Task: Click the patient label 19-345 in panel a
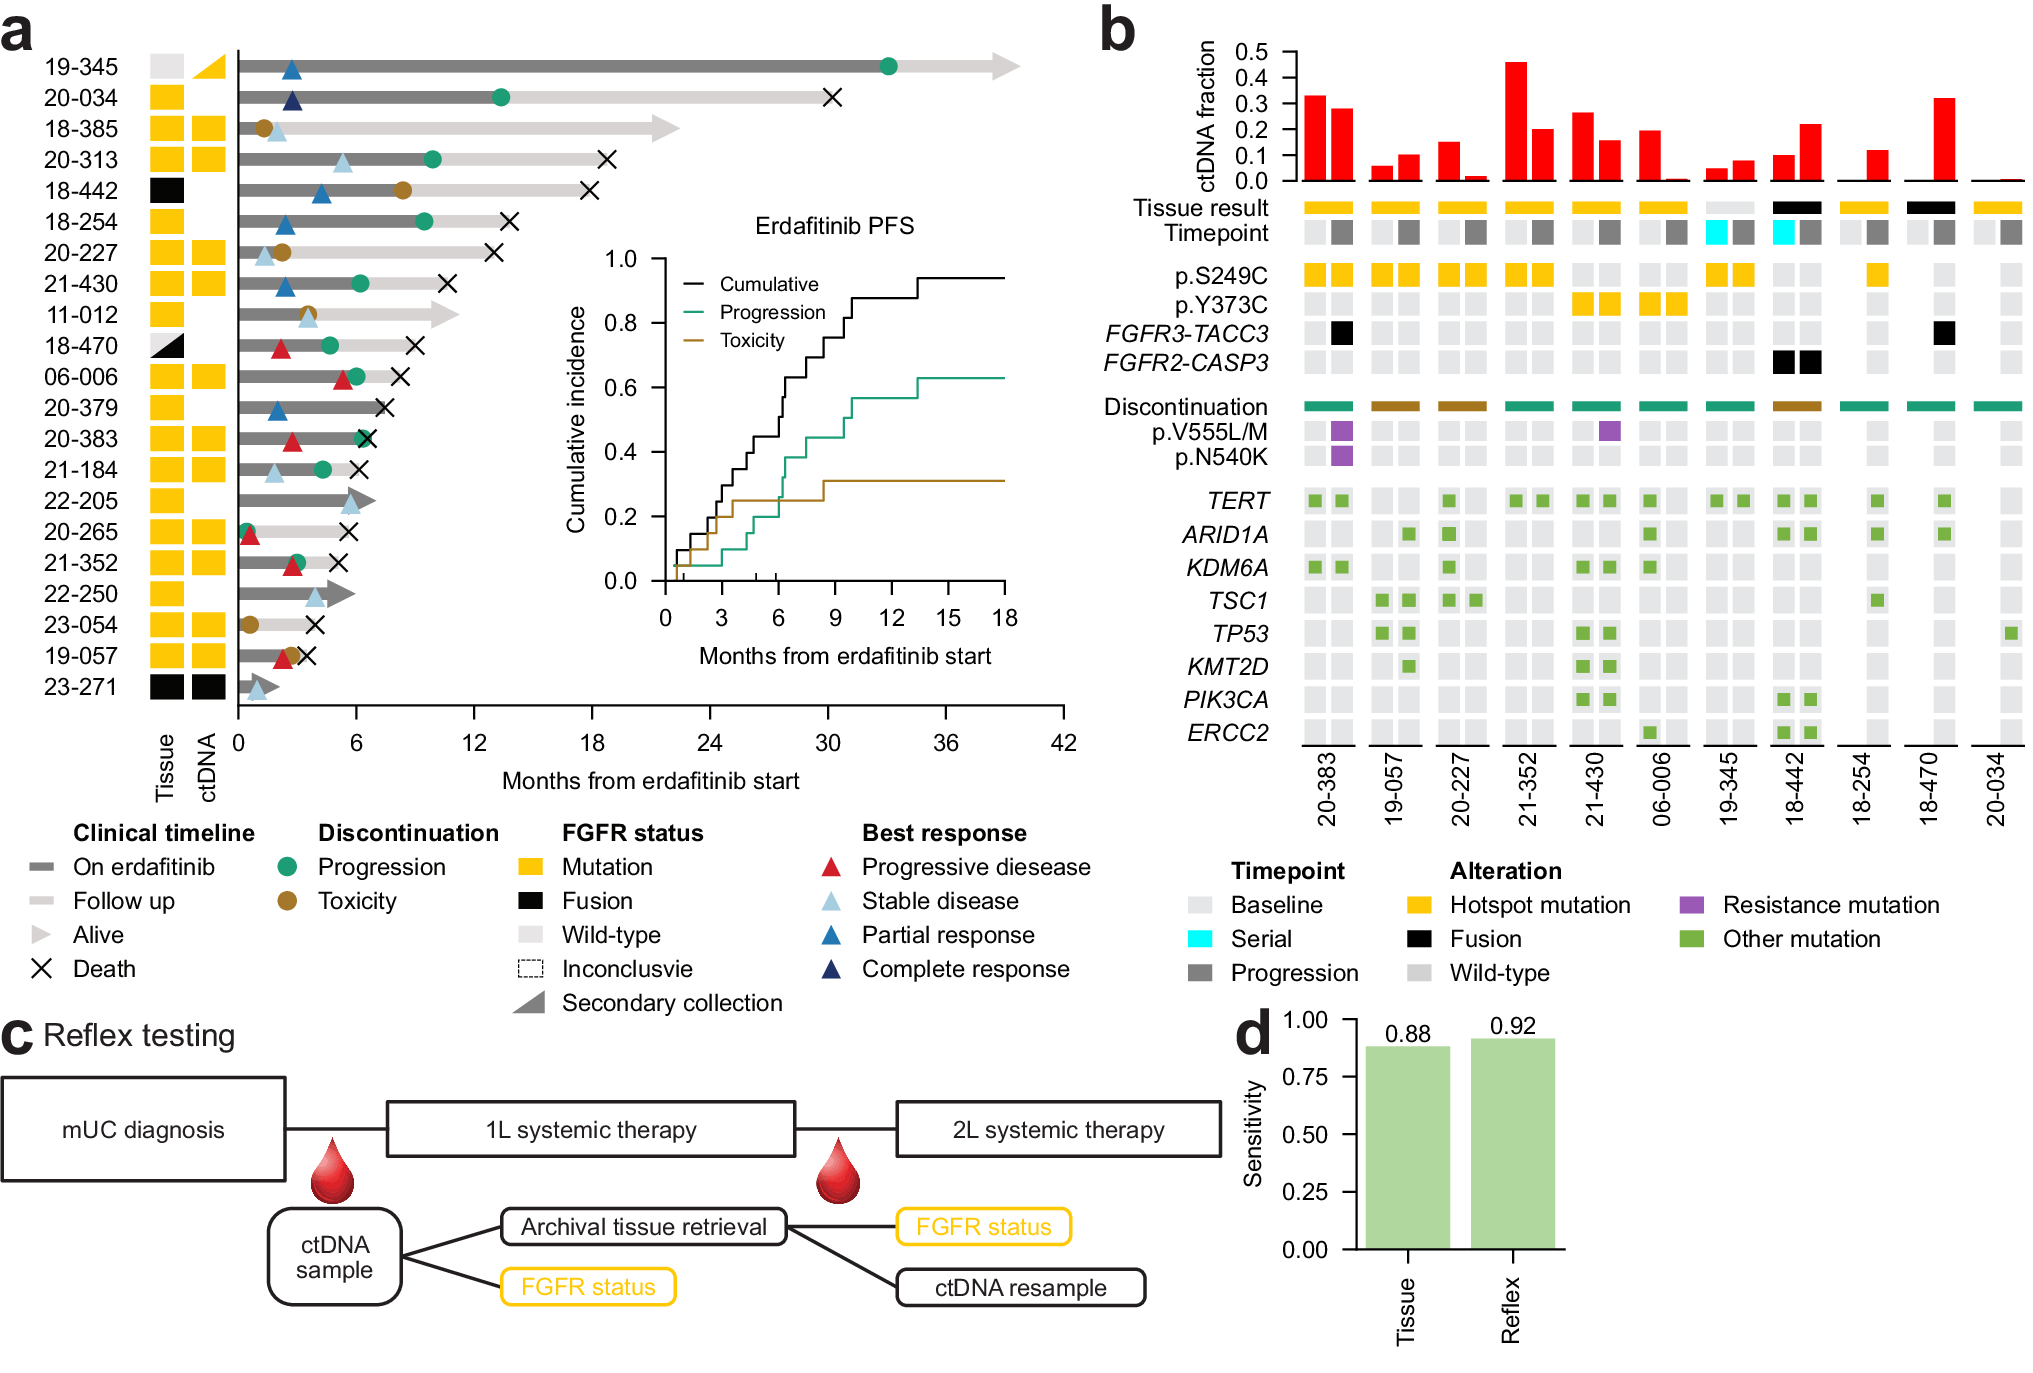click(x=81, y=67)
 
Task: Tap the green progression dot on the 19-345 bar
click(x=888, y=67)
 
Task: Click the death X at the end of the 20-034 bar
click(x=832, y=98)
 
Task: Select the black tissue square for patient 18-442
click(x=167, y=191)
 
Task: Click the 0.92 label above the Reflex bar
click(x=1512, y=1026)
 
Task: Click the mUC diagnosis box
click(x=144, y=1130)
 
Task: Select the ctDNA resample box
click(x=1020, y=1288)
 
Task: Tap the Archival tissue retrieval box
click(x=643, y=1227)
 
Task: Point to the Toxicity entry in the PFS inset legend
click(x=751, y=341)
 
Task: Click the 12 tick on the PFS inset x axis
click(x=892, y=618)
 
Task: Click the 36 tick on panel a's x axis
click(x=945, y=743)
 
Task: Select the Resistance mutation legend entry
click(x=1829, y=905)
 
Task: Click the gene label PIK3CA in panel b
click(x=1225, y=700)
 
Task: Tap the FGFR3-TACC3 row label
click(x=1186, y=334)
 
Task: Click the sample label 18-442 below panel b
click(x=1795, y=789)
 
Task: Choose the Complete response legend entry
click(x=964, y=969)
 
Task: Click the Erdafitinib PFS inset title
click(x=834, y=226)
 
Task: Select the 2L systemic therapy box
click(x=1058, y=1130)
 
